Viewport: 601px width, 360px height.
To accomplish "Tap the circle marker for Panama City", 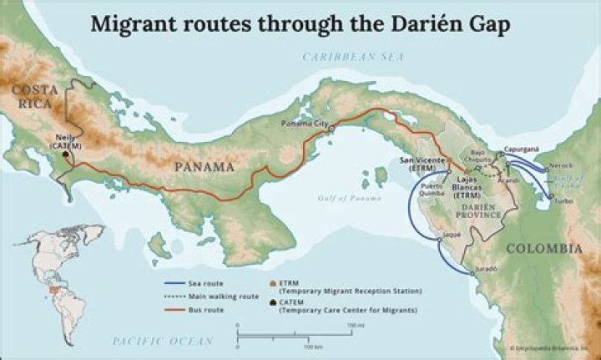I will click(331, 129).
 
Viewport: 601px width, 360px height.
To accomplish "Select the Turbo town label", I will click(564, 201).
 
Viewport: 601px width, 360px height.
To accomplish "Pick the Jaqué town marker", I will click(440, 241).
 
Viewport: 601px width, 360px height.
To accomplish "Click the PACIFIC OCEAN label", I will click(155, 341).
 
